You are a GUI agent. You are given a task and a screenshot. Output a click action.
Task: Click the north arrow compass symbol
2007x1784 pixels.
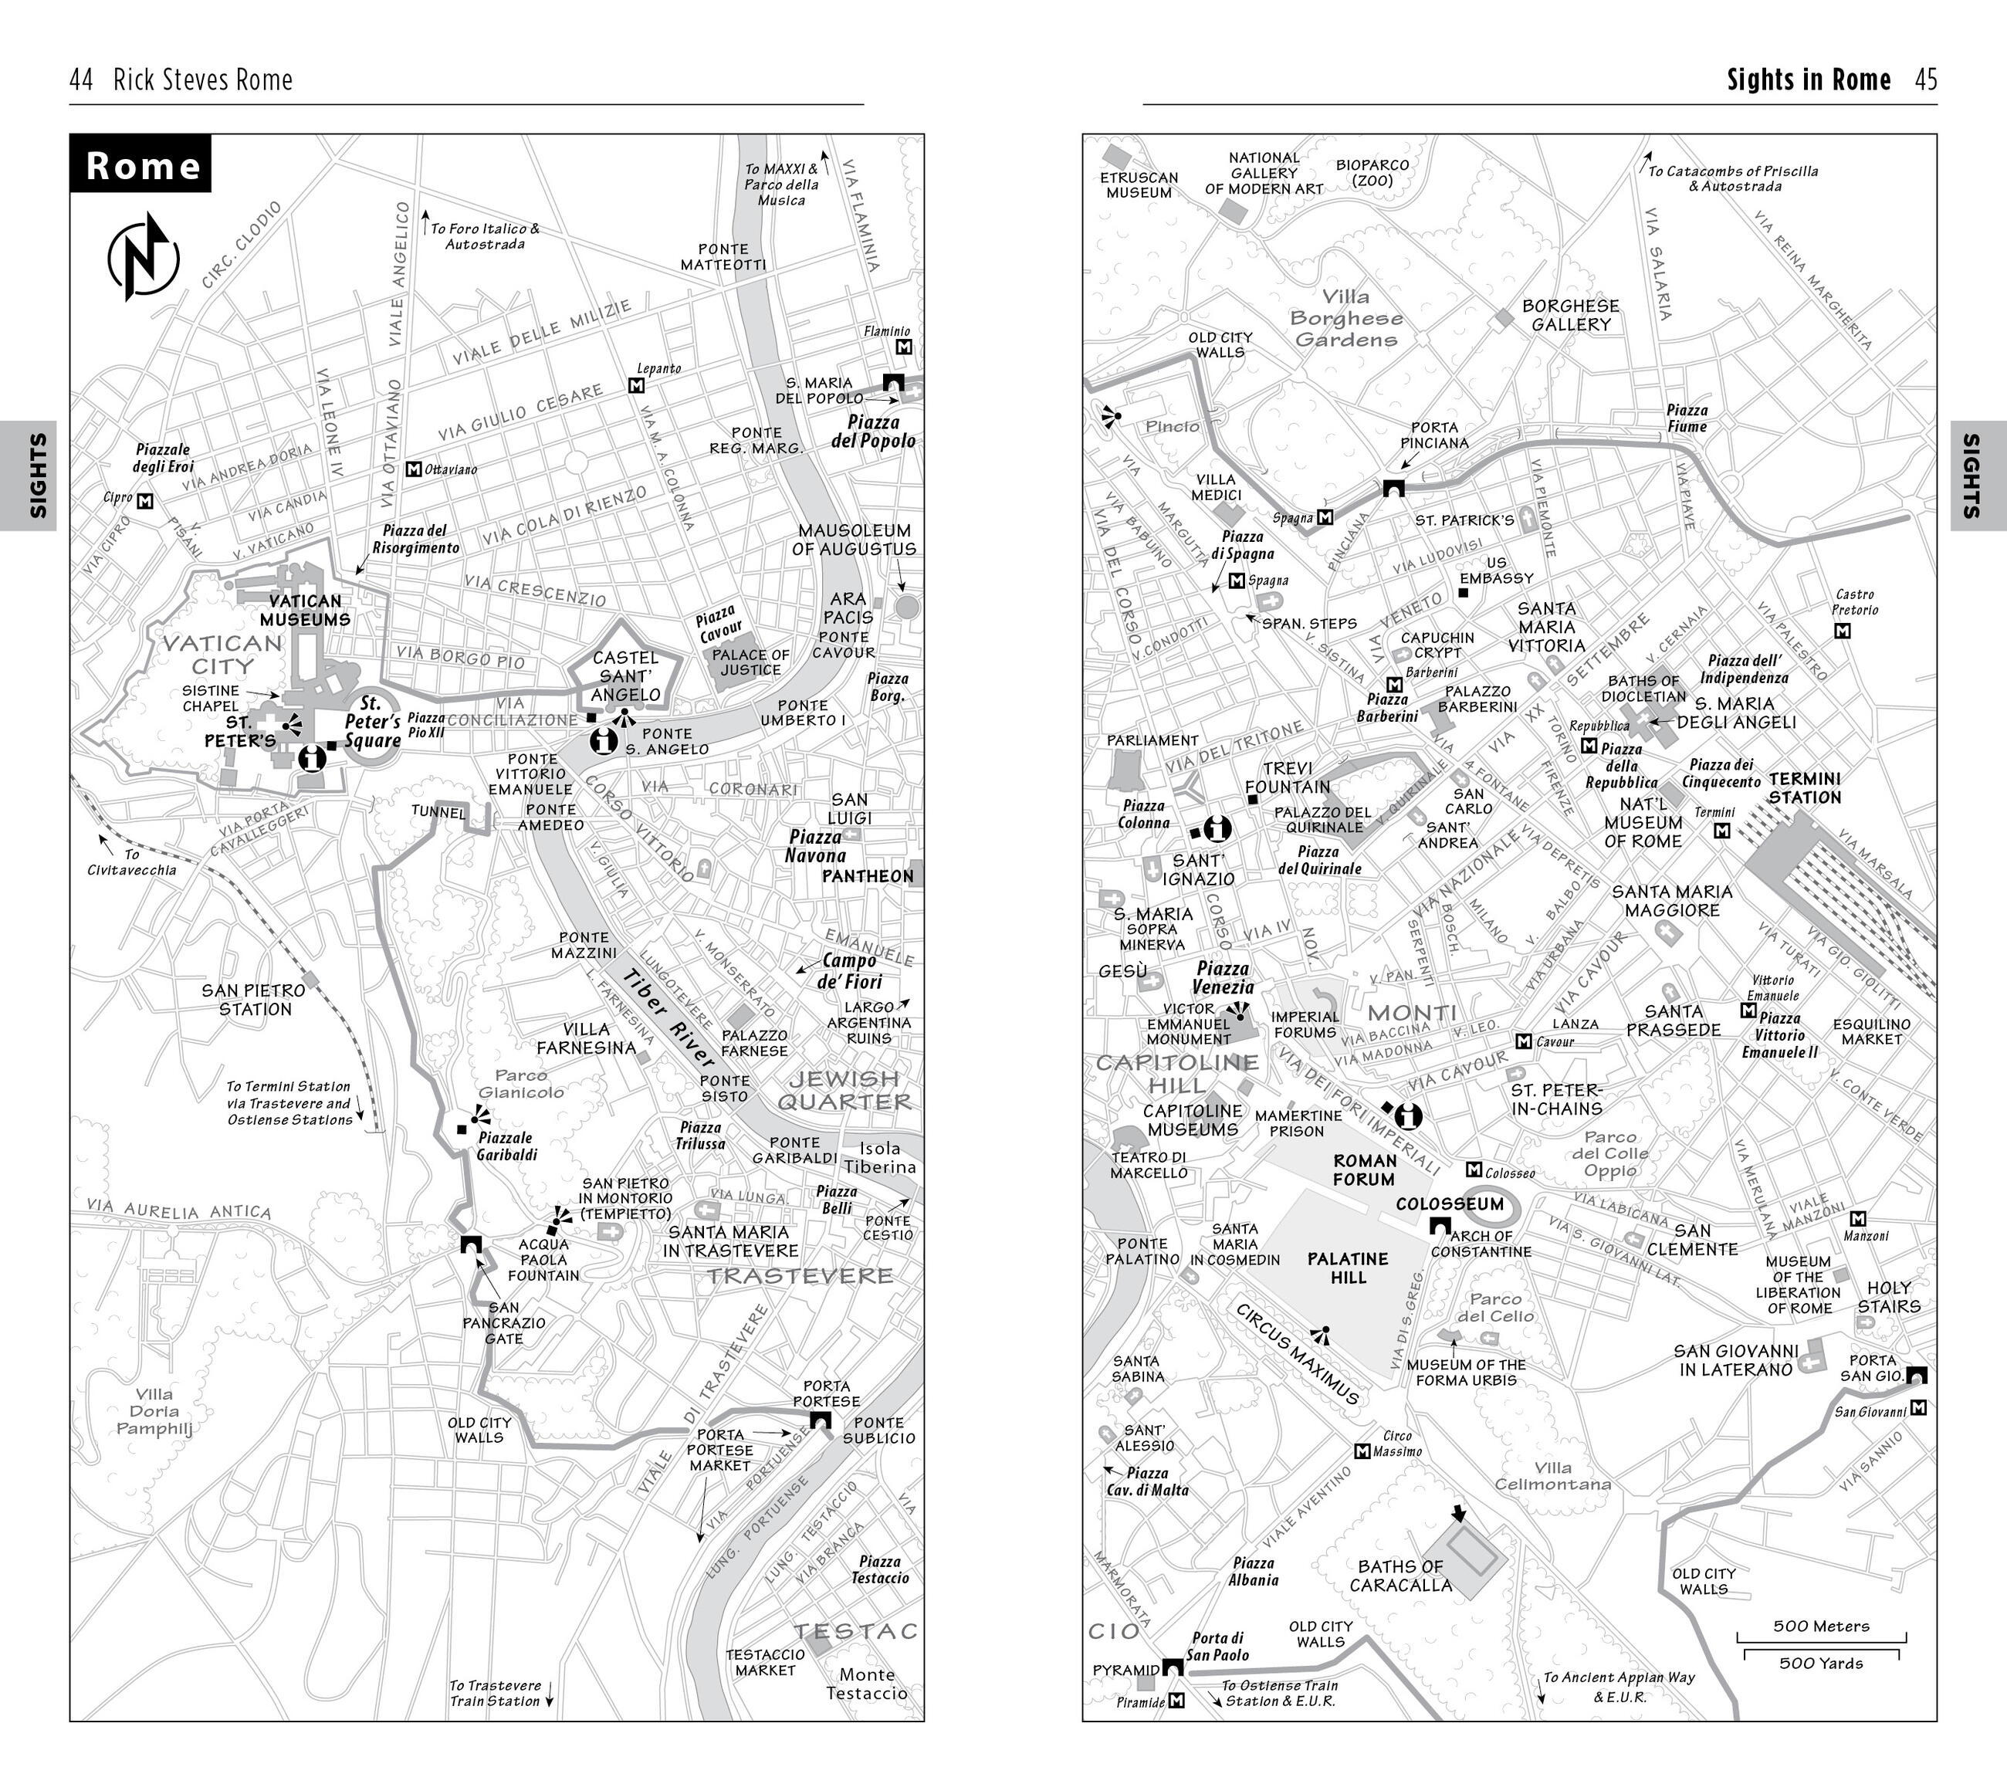[x=144, y=257]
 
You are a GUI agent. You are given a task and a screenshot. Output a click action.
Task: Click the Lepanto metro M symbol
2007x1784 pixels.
[x=636, y=386]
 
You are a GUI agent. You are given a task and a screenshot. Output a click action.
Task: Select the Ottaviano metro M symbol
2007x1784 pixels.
[x=414, y=469]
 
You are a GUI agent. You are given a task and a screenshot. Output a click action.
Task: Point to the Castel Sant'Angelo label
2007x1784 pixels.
[x=625, y=675]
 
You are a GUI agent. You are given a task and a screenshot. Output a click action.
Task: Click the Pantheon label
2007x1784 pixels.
[x=867, y=876]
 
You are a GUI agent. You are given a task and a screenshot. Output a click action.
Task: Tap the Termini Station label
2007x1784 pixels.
[x=1804, y=788]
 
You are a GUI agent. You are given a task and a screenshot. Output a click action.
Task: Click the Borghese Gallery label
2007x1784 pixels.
[x=1571, y=315]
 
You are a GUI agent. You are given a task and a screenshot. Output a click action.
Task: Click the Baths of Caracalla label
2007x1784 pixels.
[x=1400, y=1575]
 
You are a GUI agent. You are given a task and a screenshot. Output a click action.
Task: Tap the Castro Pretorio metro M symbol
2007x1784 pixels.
[x=1842, y=631]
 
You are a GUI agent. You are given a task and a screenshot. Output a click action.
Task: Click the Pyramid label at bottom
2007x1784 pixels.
[x=1126, y=1669]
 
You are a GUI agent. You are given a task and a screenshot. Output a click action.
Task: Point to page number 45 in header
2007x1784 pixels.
[x=1925, y=80]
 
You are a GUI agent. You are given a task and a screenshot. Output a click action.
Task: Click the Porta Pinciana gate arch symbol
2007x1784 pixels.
[x=1393, y=488]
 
